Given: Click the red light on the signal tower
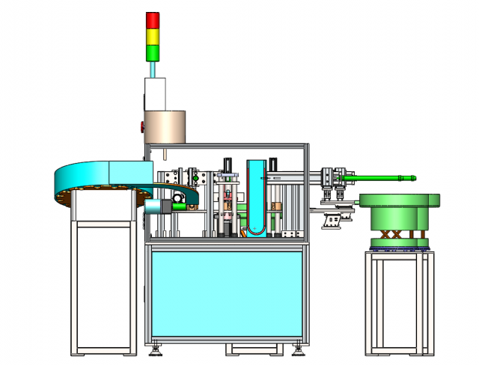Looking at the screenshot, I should coord(153,19).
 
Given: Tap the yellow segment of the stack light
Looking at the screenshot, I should coord(153,36).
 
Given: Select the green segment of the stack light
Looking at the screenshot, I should coord(153,52).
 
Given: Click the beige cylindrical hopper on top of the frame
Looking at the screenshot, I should coord(165,126).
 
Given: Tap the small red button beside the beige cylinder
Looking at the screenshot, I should coord(141,126).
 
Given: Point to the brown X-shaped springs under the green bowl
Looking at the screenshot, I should coord(390,234).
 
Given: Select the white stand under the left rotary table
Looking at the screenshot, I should coord(105,284).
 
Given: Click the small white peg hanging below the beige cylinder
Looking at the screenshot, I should coord(162,153).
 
